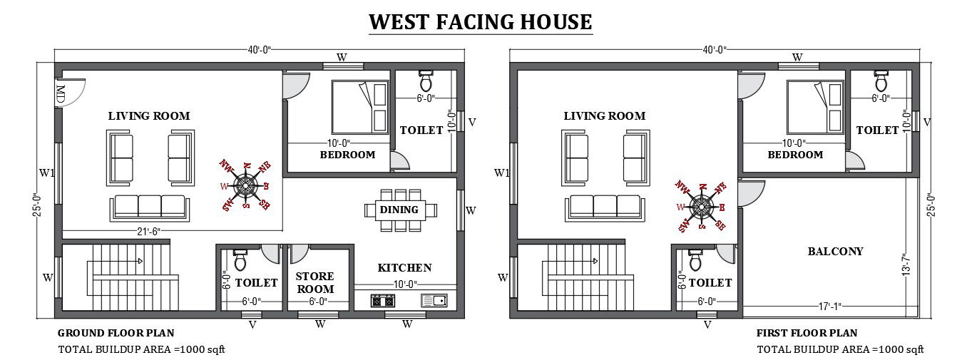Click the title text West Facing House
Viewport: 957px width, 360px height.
(x=480, y=21)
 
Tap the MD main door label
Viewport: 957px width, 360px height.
(x=61, y=94)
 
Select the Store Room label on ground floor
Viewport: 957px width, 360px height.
(x=315, y=282)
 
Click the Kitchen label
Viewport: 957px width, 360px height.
(x=404, y=268)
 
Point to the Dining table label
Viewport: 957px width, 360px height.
(x=399, y=210)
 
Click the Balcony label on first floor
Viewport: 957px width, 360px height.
(x=835, y=252)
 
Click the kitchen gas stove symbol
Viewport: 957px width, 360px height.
(x=383, y=301)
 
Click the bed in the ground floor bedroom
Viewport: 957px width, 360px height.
(x=360, y=106)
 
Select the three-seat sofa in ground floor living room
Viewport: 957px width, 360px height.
(x=150, y=207)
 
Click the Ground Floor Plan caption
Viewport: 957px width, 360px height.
(x=116, y=333)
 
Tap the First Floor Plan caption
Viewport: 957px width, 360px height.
(x=807, y=333)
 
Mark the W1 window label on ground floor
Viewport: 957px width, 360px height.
(x=46, y=172)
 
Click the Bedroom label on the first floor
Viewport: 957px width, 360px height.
(x=795, y=155)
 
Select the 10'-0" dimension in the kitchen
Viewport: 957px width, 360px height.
(x=404, y=284)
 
